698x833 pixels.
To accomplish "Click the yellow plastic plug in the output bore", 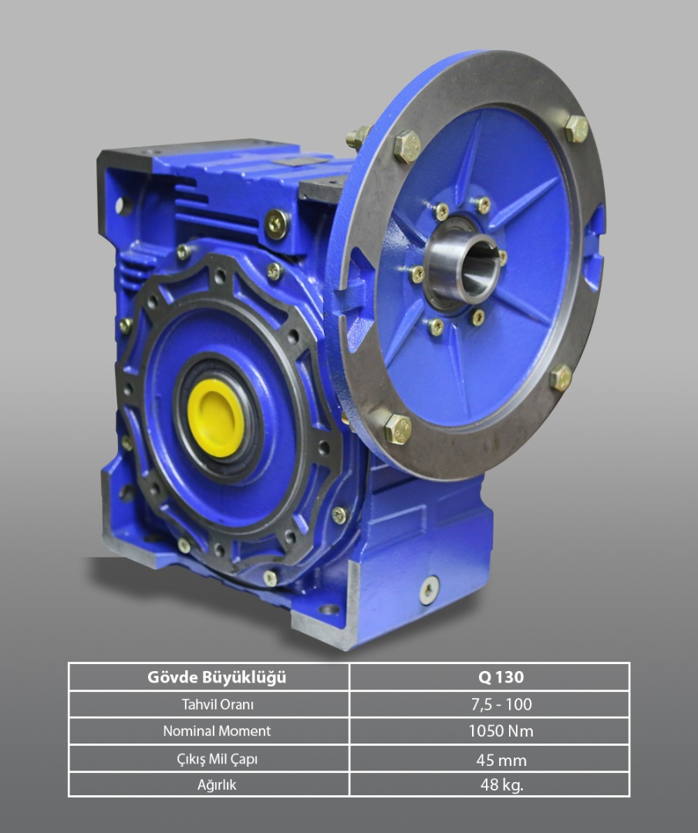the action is pyautogui.click(x=216, y=417).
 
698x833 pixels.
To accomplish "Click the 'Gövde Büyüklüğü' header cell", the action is pyautogui.click(x=216, y=677).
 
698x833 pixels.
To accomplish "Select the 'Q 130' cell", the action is pyautogui.click(x=501, y=677).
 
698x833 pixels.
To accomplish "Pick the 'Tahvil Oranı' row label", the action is pyautogui.click(x=217, y=704).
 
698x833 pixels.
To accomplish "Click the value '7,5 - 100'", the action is pyautogui.click(x=501, y=704).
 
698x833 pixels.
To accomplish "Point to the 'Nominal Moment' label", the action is pyautogui.click(x=217, y=731).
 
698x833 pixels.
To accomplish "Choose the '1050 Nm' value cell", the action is pyautogui.click(x=501, y=731).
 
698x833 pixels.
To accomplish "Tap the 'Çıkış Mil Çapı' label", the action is pyautogui.click(x=217, y=759).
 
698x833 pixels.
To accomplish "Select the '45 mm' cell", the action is pyautogui.click(x=501, y=760).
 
